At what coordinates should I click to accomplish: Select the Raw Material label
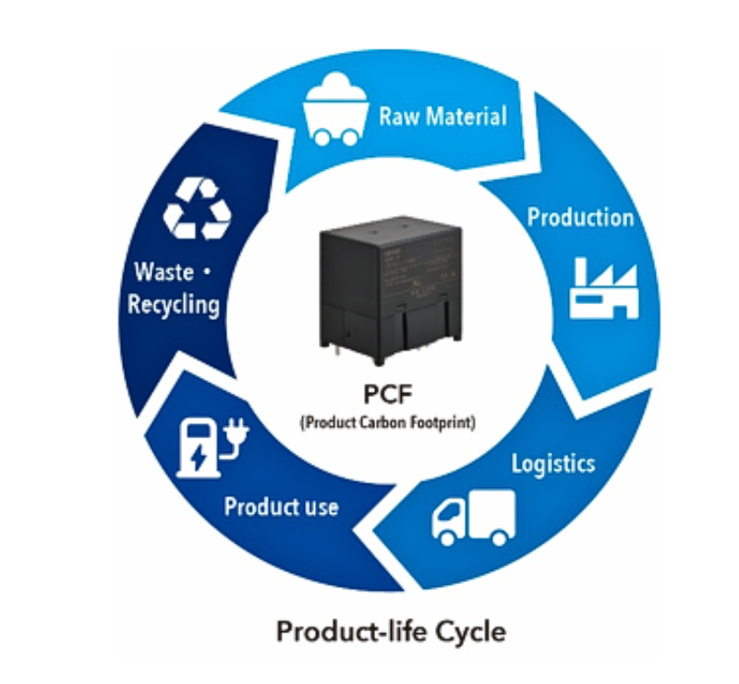pyautogui.click(x=442, y=116)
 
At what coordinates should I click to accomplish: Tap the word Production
pyautogui.click(x=580, y=217)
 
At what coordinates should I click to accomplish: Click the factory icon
pyautogui.click(x=602, y=287)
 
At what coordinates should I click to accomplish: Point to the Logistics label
pyautogui.click(x=554, y=462)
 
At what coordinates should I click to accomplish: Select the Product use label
pyautogui.click(x=281, y=507)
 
